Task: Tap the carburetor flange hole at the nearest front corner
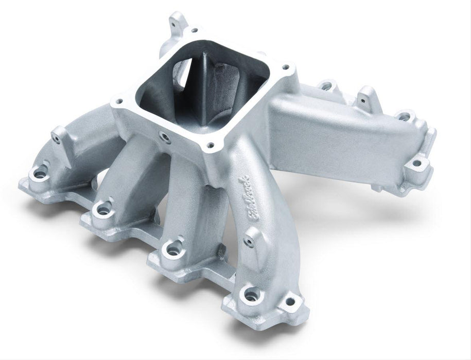pyautogui.click(x=209, y=146)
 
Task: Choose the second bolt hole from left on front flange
pyautogui.click(x=103, y=209)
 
